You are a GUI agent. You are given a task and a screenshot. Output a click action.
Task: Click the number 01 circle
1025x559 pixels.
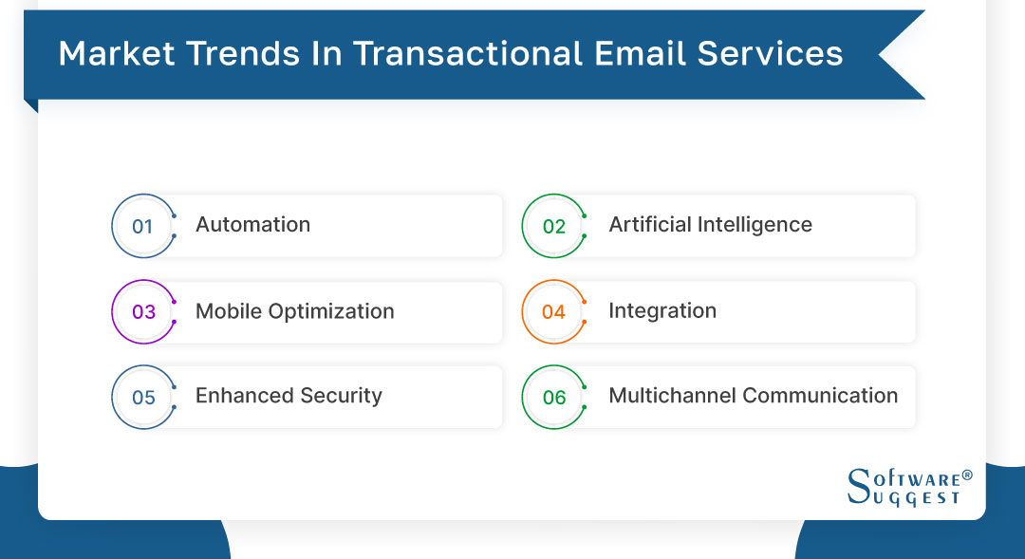[x=143, y=226]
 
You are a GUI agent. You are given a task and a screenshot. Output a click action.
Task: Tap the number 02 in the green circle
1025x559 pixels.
[x=553, y=226]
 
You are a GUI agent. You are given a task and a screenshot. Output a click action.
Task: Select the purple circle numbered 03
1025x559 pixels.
[x=143, y=311]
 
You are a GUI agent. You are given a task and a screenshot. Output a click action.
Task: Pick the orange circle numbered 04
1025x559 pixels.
[x=553, y=311]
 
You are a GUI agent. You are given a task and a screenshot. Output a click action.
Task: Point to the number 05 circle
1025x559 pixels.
[x=143, y=397]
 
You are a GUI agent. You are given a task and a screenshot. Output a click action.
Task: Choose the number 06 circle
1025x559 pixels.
[x=553, y=397]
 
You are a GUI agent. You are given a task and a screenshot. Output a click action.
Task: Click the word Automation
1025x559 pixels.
[x=252, y=225]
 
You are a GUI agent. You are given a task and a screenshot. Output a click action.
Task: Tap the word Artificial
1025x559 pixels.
[x=650, y=225]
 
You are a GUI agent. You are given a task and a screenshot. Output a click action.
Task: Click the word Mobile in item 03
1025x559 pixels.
[x=227, y=311]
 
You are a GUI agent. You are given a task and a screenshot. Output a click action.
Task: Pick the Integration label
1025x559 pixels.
[x=662, y=311]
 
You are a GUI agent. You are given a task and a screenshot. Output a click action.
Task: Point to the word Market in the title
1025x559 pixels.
[x=116, y=54]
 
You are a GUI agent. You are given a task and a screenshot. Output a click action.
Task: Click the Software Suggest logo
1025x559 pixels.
[x=909, y=486]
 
